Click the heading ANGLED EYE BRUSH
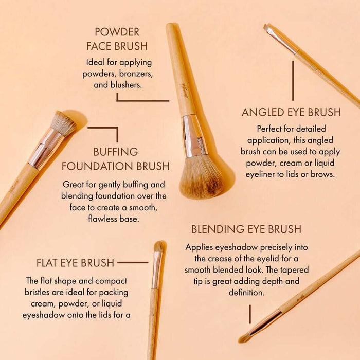point(291,112)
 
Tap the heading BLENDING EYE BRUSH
point(246,229)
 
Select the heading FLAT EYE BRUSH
point(75,263)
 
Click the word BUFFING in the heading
point(116,152)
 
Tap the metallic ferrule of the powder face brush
point(194,136)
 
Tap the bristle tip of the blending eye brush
point(244,337)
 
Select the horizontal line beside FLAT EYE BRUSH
point(133,262)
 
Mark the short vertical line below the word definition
point(250,314)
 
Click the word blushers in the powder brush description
point(124,85)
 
